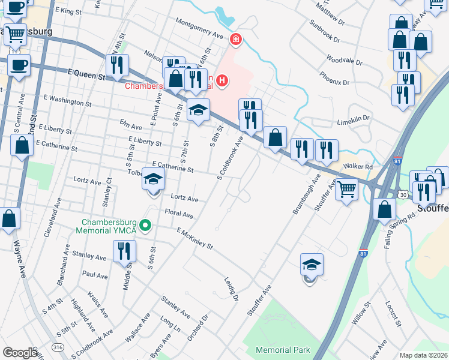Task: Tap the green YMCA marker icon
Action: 145,226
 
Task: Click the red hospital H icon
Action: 222,80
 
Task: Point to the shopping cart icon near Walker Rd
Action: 347,190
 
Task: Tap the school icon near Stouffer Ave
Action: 312,265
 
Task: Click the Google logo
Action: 20,353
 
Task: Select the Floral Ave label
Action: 179,214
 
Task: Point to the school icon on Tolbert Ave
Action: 153,179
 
